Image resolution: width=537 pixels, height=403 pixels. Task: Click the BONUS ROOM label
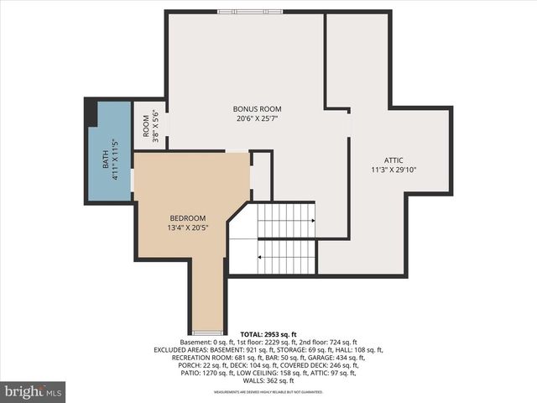(x=257, y=109)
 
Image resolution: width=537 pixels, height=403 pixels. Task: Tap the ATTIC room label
(x=394, y=160)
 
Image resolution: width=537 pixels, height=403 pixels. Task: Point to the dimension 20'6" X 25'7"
(x=257, y=119)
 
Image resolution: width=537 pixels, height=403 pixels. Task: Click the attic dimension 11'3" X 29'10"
(x=394, y=170)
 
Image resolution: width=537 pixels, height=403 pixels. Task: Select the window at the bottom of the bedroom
(x=207, y=332)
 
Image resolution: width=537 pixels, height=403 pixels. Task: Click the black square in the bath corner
(x=91, y=113)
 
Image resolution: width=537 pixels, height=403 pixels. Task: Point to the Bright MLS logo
(x=33, y=391)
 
